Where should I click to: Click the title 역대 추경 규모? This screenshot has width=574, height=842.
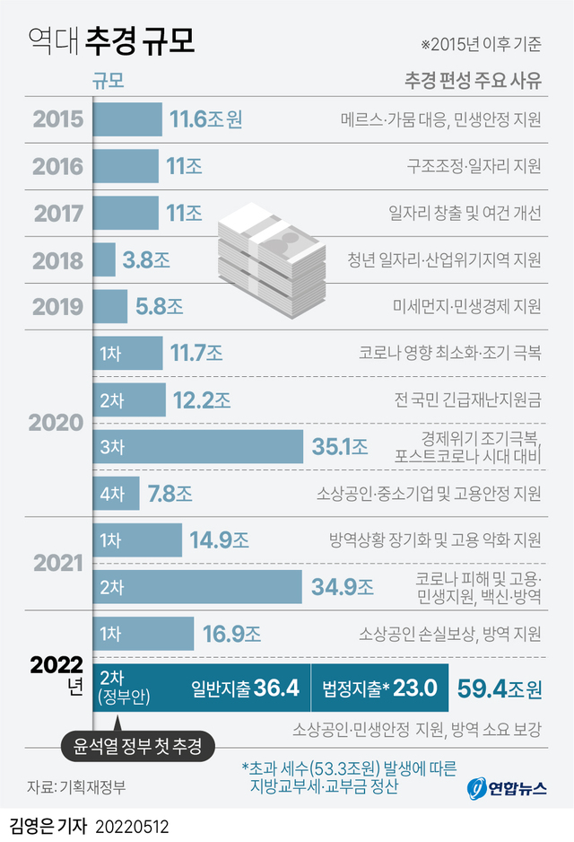click(x=111, y=40)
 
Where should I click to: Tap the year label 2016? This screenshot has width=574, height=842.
click(x=58, y=166)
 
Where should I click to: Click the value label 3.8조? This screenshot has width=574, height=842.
click(x=146, y=260)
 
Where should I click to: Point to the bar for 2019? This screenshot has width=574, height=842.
click(x=109, y=306)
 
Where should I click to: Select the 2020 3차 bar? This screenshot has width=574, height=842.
click(x=197, y=446)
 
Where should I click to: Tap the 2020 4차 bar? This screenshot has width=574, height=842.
click(x=116, y=493)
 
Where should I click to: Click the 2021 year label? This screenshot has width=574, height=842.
click(x=58, y=563)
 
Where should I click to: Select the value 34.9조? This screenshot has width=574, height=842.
click(x=342, y=587)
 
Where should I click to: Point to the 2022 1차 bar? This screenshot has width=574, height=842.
click(x=143, y=634)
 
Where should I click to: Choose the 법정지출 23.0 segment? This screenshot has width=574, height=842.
click(x=379, y=689)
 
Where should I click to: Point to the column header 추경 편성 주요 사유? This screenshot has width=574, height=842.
click(x=473, y=82)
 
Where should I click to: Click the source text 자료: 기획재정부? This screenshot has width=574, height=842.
click(x=76, y=787)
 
